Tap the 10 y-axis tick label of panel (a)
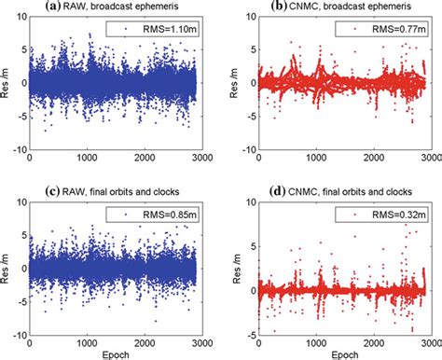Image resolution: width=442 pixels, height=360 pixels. (x=20, y=20)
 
